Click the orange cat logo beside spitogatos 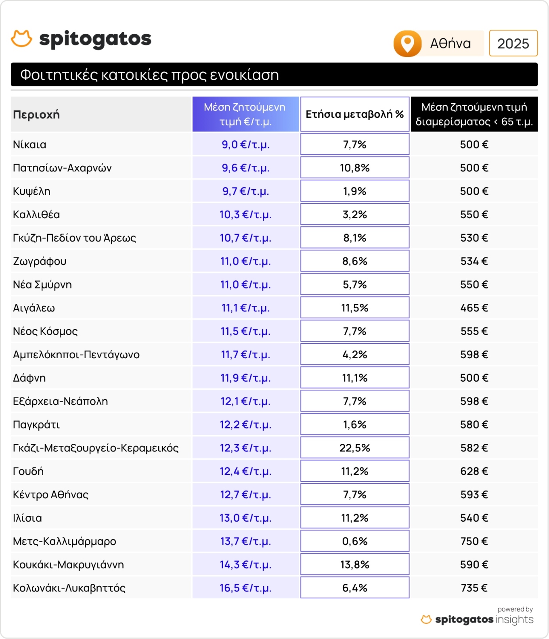(21, 39)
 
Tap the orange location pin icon (407, 44)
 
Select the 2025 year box (513, 43)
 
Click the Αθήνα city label (451, 44)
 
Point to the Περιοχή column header (36, 115)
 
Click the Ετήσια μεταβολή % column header (354, 115)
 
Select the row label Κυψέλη (32, 191)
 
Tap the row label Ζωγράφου (40, 261)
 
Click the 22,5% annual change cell (354, 448)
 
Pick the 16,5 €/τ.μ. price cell (245, 588)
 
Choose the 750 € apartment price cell (474, 541)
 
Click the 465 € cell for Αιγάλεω (474, 308)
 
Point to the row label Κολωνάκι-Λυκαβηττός (69, 588)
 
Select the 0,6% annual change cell (354, 541)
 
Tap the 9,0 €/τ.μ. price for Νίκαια (245, 144)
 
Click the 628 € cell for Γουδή (474, 471)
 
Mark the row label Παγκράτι (36, 425)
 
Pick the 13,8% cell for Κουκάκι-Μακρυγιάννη (354, 565)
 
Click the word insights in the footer (514, 620)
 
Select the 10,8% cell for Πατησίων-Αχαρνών (354, 168)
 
